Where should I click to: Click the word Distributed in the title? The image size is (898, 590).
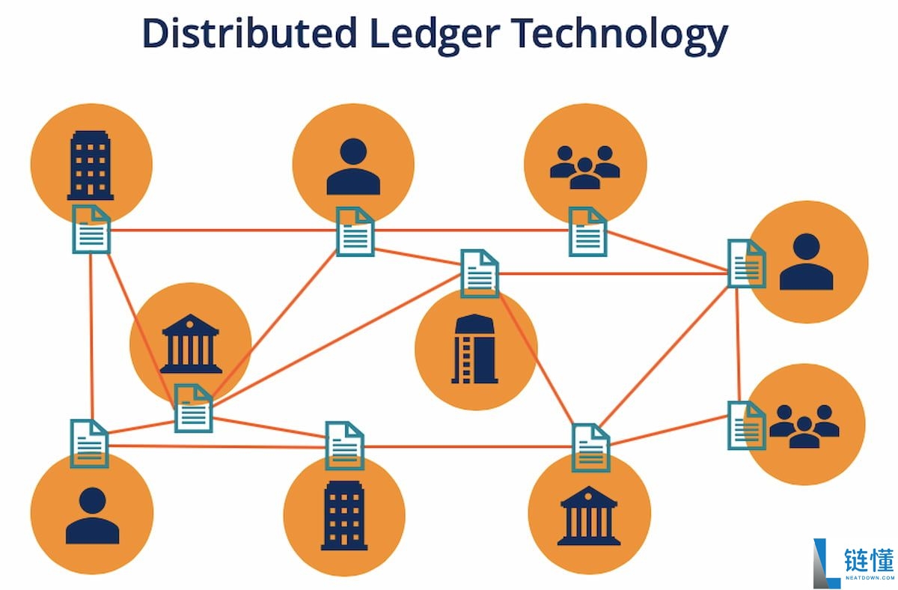pyautogui.click(x=249, y=33)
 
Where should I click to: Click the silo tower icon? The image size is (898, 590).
pyautogui.click(x=475, y=349)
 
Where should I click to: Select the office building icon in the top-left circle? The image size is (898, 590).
pyautogui.click(x=91, y=165)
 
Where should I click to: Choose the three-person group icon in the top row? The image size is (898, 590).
pyautogui.click(x=584, y=165)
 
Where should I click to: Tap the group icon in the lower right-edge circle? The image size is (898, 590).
pyautogui.click(x=804, y=426)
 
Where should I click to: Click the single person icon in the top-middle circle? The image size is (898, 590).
pyautogui.click(x=353, y=166)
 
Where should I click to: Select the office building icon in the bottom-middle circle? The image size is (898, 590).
pyautogui.click(x=344, y=516)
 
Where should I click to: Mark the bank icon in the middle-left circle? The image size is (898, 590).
pyautogui.click(x=191, y=344)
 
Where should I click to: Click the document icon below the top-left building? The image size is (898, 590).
pyautogui.click(x=91, y=229)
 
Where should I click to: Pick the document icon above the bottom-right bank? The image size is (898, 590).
pyautogui.click(x=590, y=447)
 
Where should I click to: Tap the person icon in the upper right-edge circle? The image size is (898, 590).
pyautogui.click(x=806, y=262)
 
